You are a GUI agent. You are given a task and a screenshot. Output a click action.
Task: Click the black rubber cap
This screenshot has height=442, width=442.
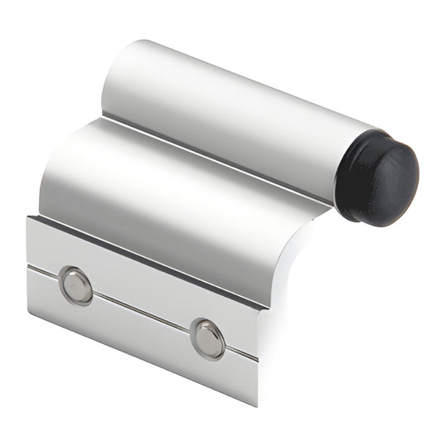(383, 179)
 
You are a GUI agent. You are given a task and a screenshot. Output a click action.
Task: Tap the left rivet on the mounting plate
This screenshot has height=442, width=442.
(76, 284)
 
